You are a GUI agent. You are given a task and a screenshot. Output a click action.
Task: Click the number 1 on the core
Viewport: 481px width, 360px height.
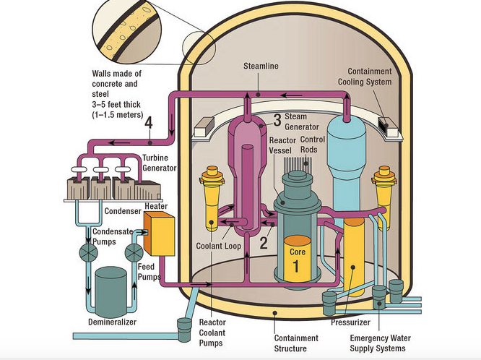point(295,265)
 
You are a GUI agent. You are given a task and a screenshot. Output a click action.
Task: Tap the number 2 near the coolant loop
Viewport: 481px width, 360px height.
point(264,242)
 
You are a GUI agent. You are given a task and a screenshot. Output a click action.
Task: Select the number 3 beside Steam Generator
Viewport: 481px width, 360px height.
point(277,119)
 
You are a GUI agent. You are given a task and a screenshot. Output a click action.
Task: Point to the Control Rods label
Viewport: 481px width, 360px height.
point(313,145)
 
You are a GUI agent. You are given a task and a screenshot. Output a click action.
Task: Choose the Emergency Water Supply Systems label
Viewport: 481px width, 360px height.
point(378,343)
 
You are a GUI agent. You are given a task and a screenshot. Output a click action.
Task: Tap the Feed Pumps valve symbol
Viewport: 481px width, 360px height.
point(134,252)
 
